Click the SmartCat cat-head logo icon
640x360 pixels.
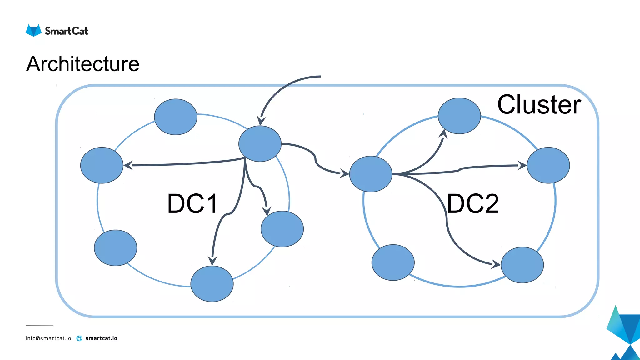33,30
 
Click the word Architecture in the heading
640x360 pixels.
83,64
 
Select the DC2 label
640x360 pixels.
473,204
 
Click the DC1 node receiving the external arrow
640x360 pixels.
260,144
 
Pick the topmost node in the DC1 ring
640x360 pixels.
176,117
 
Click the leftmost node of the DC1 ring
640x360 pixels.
102,165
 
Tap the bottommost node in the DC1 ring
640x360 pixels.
212,284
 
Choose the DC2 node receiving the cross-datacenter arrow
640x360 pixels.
371,174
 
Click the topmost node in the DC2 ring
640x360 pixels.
459,116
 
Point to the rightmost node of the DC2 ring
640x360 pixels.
548,165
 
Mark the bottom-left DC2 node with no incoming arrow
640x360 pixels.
393,262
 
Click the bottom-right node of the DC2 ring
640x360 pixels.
522,265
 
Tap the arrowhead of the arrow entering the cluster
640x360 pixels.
261,121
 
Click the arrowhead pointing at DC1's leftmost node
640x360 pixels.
128,165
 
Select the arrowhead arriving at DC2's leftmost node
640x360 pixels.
344,173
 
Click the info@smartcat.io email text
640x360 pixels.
48,338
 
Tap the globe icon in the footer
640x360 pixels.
79,338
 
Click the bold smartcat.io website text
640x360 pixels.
101,338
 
